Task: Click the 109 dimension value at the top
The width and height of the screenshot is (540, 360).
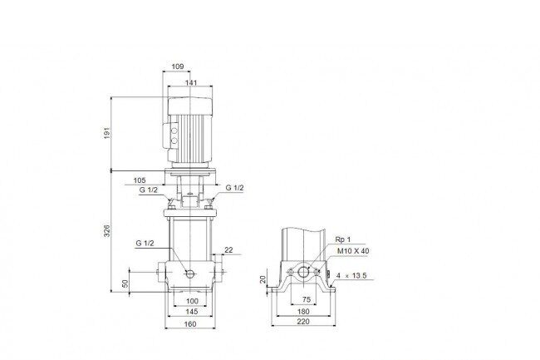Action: click(x=177, y=67)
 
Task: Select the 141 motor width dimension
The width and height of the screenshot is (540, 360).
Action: click(x=191, y=82)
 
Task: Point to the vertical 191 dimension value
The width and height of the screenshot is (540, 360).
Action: click(x=107, y=133)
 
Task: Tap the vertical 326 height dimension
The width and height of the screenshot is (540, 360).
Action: click(x=107, y=230)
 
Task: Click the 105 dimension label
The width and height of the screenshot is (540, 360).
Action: click(x=140, y=180)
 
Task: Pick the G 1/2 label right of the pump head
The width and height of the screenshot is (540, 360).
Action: click(x=234, y=188)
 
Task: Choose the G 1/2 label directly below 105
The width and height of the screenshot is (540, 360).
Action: click(x=149, y=190)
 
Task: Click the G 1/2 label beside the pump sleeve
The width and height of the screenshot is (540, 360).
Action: click(x=145, y=244)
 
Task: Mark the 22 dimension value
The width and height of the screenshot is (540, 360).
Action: click(x=228, y=250)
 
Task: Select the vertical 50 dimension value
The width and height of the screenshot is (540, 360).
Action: click(x=125, y=284)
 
